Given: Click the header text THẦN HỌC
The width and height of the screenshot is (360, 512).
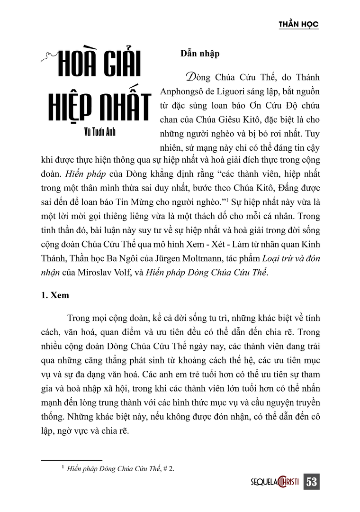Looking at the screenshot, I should click(x=298, y=24).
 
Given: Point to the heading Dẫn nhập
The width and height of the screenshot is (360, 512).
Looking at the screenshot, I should click(x=200, y=54).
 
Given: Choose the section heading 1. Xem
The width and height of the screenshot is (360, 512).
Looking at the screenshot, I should click(x=55, y=295).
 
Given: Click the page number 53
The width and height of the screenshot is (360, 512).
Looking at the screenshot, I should click(x=311, y=482).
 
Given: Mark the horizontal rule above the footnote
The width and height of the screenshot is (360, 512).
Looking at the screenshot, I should click(x=72, y=460).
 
